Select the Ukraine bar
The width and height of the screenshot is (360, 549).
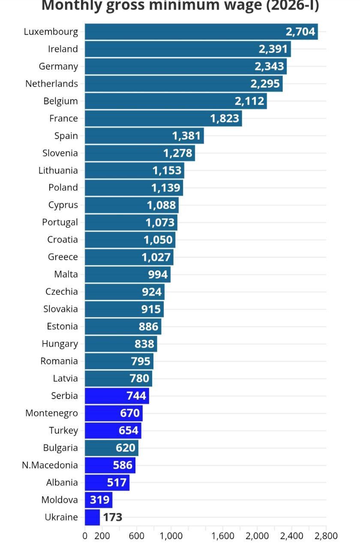tap(92, 517)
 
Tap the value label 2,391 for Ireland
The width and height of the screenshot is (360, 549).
tap(273, 49)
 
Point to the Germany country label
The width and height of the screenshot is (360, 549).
tap(58, 66)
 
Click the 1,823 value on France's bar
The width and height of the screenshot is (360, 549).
tap(225, 118)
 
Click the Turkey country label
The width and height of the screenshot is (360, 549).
tap(63, 431)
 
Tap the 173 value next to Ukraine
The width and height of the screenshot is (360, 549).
tap(113, 517)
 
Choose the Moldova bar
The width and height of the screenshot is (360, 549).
tap(98, 500)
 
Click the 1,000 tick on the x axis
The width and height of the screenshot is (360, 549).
tap(171, 536)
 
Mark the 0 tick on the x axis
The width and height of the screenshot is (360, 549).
tap(85, 536)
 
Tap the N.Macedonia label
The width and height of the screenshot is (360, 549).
tap(50, 465)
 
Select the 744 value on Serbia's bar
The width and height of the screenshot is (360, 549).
tap(136, 396)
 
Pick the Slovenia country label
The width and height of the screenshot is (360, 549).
tap(60, 153)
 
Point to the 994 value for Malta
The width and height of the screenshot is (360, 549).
tap(158, 274)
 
